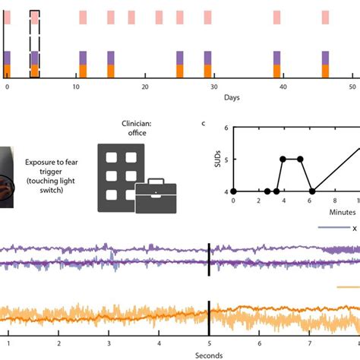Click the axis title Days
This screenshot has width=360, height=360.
click(x=232, y=97)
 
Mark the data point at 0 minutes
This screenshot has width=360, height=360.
click(x=233, y=191)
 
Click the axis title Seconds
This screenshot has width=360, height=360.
click(x=209, y=355)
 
